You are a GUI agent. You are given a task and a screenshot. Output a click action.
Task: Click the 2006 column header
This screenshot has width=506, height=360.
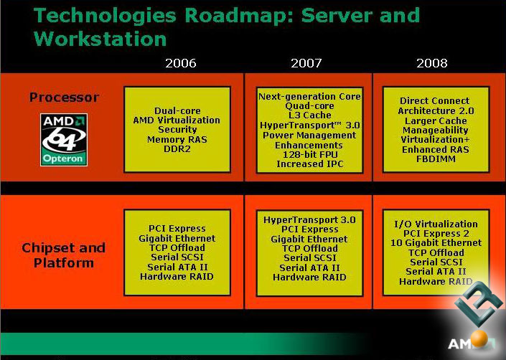click(x=181, y=64)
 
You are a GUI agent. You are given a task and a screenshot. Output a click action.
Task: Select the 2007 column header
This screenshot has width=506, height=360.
click(x=306, y=64)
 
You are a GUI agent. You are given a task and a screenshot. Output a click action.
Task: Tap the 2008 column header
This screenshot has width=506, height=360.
click(x=432, y=64)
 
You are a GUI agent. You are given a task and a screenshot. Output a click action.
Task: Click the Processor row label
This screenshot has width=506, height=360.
click(x=65, y=98)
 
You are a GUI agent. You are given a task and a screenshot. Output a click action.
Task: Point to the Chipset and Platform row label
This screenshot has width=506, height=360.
click(x=64, y=255)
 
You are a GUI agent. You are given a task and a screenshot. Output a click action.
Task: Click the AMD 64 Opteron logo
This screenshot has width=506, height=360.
click(x=65, y=139)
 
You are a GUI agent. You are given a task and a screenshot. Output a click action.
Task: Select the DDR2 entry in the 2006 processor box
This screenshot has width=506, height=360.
click(x=177, y=150)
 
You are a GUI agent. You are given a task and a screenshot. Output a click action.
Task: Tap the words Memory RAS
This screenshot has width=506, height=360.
click(x=177, y=140)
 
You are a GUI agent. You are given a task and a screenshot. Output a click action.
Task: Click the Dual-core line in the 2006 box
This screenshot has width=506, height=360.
click(x=177, y=110)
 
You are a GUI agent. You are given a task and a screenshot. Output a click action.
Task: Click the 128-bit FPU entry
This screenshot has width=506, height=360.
click(x=309, y=155)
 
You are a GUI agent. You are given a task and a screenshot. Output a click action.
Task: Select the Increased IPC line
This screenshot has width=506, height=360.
click(x=309, y=165)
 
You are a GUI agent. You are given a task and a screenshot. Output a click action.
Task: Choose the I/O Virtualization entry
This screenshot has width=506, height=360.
click(x=436, y=224)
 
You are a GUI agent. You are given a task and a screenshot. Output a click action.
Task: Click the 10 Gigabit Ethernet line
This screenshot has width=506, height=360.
click(x=436, y=243)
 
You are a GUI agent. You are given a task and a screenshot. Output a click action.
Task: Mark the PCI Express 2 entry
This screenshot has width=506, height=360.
click(x=436, y=234)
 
